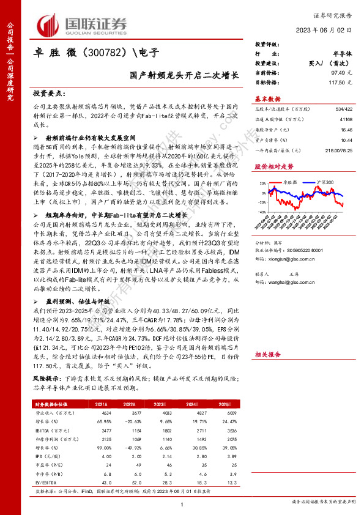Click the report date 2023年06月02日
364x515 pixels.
tap(333, 30)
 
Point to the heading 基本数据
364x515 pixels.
tap(267, 98)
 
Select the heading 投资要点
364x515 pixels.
tap(47, 93)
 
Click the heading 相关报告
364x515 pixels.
tap(267, 354)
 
